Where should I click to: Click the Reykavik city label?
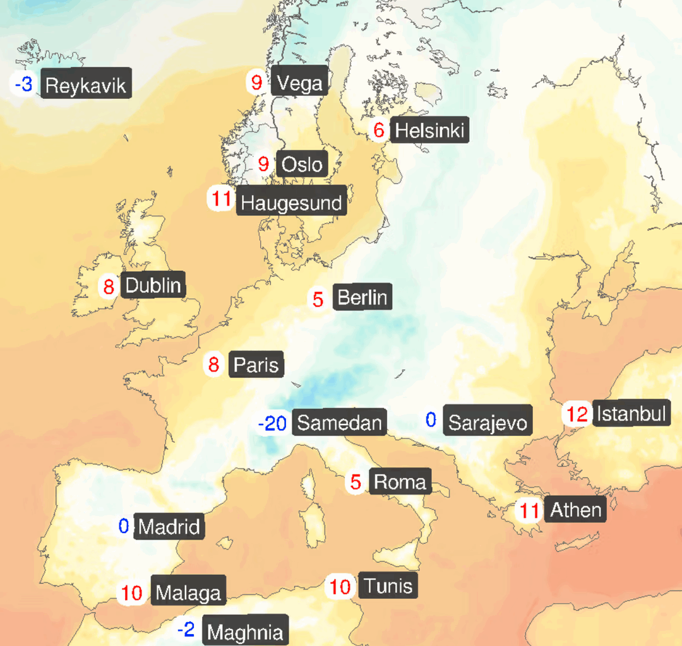(x=86, y=85)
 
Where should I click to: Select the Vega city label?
(x=299, y=83)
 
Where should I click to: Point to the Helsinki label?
(x=429, y=131)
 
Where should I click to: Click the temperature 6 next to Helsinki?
(x=379, y=131)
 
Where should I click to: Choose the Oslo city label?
(x=302, y=165)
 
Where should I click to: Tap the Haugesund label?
(x=291, y=203)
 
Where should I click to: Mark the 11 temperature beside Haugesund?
(x=222, y=199)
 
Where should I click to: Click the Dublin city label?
(x=153, y=285)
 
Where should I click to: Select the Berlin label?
(x=362, y=297)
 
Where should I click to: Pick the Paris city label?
(x=256, y=365)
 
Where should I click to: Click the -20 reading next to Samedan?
(x=273, y=423)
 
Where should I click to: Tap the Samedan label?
(x=339, y=423)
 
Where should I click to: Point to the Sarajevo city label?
(x=487, y=423)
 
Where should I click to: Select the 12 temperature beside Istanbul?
(x=577, y=414)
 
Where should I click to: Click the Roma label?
(x=400, y=482)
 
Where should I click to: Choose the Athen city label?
(x=575, y=509)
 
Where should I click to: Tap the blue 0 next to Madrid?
(x=124, y=526)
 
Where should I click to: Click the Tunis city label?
(x=388, y=586)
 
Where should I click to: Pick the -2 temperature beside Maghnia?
(x=186, y=630)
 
